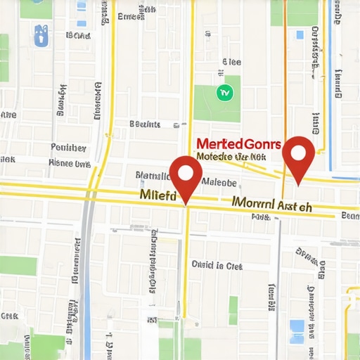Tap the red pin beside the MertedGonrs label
(x=299, y=155)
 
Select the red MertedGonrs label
(x=239, y=144)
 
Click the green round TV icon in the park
(x=225, y=91)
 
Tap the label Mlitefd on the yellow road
(x=158, y=193)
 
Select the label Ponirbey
(x=69, y=148)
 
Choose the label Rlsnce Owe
(x=70, y=162)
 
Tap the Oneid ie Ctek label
(x=217, y=266)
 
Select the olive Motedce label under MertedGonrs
(x=231, y=157)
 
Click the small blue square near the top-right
(x=300, y=34)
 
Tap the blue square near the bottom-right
(x=297, y=327)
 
